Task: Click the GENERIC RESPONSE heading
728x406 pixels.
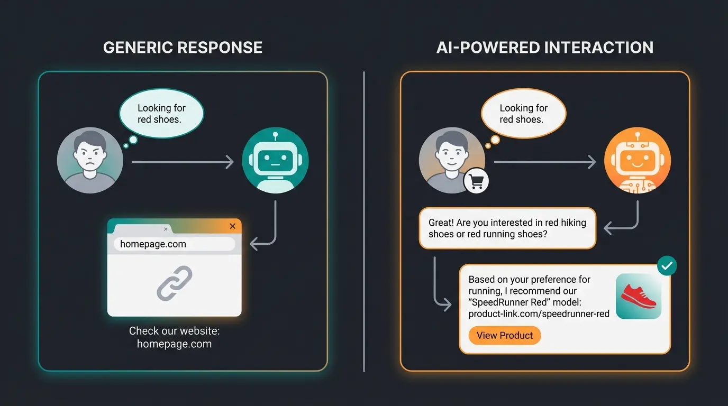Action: click(183, 48)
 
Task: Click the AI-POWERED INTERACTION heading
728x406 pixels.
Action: click(545, 48)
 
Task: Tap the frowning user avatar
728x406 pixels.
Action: click(90, 160)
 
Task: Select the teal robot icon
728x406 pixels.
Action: click(275, 160)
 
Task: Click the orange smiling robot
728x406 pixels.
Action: click(637, 160)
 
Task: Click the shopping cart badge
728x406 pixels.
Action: click(476, 182)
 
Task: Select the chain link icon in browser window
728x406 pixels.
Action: click(175, 284)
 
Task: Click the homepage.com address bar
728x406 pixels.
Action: click(174, 244)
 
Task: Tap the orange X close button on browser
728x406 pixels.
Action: click(232, 226)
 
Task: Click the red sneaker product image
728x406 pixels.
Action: click(639, 296)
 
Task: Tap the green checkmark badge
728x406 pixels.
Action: click(667, 266)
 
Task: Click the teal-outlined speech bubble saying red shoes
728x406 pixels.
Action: click(161, 114)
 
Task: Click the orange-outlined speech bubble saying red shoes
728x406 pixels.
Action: click(523, 114)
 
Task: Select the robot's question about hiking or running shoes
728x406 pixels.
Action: click(507, 228)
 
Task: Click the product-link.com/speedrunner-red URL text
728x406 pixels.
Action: click(539, 314)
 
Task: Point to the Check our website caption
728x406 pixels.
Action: click(174, 337)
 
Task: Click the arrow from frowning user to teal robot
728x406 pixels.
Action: click(183, 162)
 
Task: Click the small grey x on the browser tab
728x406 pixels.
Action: click(166, 229)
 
